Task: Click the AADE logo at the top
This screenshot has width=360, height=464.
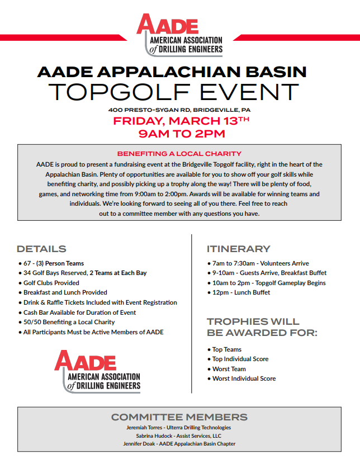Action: (180, 35)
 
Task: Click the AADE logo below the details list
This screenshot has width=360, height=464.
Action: (97, 370)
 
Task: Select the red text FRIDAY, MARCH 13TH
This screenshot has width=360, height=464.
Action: (180, 121)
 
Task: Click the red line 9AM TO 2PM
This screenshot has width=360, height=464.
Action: (180, 134)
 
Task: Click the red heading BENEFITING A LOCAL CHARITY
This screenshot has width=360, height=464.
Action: (179, 153)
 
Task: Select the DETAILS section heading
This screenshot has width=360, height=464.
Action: (41, 249)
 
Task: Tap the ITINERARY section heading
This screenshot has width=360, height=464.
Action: (238, 249)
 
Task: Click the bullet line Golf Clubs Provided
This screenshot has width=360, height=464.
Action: (51, 283)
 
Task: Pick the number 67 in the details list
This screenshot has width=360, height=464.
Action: (27, 263)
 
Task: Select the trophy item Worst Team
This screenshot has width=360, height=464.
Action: (229, 369)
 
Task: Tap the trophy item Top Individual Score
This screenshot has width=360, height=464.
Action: (240, 359)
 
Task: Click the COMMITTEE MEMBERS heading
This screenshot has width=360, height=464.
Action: (179, 417)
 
